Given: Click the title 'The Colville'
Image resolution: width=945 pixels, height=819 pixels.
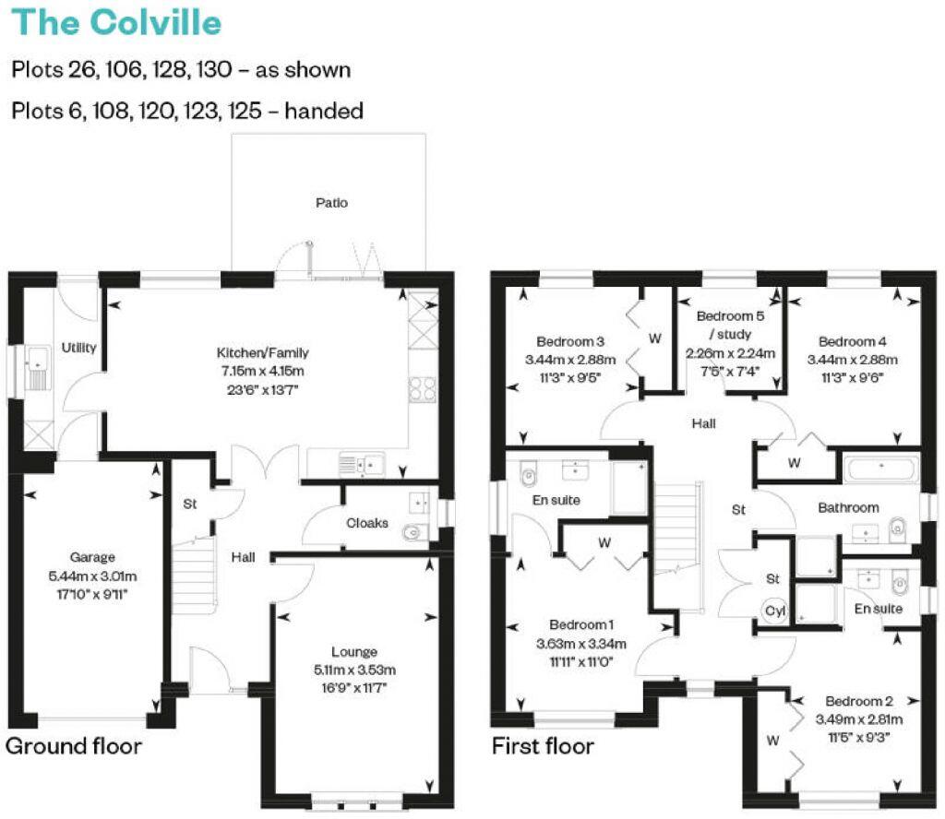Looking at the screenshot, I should pos(116,22).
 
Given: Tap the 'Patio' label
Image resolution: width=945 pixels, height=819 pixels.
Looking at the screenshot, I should pos(331,202).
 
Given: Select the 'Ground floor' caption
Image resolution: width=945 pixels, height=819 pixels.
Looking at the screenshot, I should pos(74,745).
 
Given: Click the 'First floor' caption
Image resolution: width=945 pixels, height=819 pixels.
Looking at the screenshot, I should pos(543,745).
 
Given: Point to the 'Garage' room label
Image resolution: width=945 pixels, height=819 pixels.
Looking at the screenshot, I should pos(92,557).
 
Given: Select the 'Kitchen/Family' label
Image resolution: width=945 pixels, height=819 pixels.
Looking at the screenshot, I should pos(262,352).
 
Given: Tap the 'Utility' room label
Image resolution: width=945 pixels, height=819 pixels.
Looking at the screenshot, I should pos(78,348).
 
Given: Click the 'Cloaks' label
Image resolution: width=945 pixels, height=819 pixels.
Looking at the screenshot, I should pos(366,523).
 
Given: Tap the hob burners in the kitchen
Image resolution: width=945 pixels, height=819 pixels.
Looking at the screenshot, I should pos(424,389).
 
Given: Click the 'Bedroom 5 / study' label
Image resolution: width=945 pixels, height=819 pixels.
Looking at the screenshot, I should pos(730,325).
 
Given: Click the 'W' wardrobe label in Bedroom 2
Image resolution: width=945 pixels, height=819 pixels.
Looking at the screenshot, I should pos(772,740).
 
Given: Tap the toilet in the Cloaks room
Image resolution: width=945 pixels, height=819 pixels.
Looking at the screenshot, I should pos(415,530).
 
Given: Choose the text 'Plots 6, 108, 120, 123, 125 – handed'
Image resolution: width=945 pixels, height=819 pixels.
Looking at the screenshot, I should pos(187,111).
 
